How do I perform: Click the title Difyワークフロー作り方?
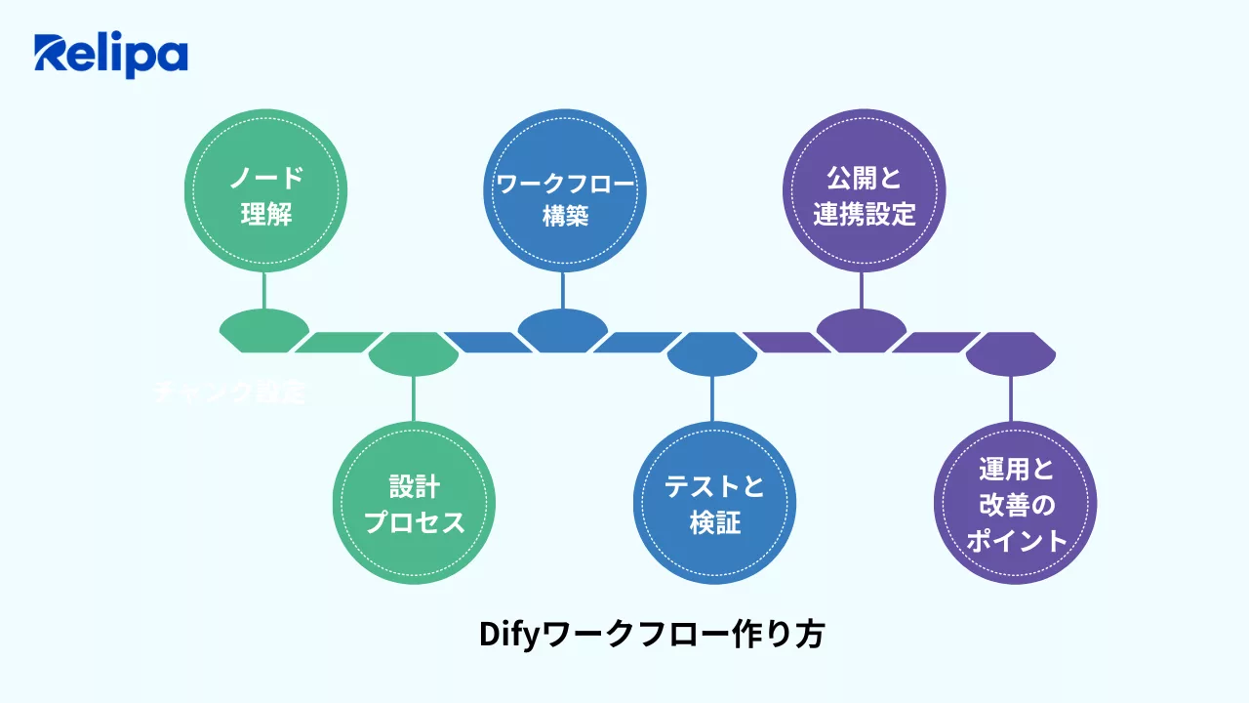(652, 635)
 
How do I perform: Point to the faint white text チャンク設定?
(231, 393)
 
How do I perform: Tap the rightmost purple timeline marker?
(1011, 352)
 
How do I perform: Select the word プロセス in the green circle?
(414, 522)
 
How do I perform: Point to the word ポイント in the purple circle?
(1015, 541)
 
